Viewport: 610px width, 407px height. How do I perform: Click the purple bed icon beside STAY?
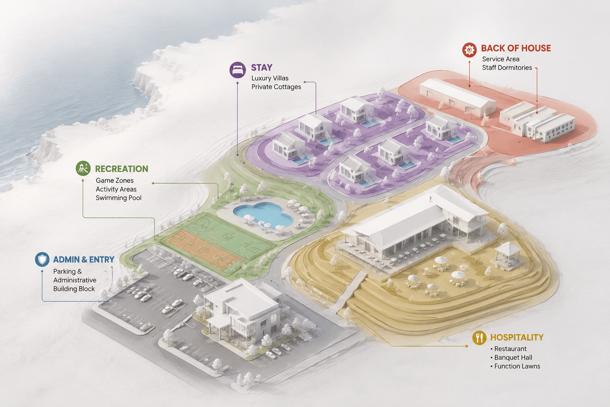click(237, 70)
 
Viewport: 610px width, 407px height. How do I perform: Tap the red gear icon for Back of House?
click(469, 50)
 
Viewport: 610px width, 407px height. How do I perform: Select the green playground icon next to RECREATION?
click(83, 168)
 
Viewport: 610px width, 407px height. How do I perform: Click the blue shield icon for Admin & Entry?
click(42, 259)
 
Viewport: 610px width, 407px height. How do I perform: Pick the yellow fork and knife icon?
click(479, 338)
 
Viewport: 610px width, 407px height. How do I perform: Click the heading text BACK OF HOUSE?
click(516, 48)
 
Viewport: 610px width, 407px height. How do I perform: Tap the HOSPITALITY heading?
click(517, 337)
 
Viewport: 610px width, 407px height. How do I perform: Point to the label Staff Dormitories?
click(507, 68)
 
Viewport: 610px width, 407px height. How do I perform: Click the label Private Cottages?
click(276, 87)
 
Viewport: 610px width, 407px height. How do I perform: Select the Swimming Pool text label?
click(118, 198)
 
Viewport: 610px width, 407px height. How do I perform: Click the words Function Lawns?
click(517, 366)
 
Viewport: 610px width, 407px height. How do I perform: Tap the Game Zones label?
click(114, 180)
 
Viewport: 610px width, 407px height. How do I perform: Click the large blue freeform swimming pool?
click(263, 214)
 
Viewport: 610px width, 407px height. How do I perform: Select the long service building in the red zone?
click(457, 98)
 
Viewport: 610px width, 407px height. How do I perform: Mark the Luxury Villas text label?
click(270, 78)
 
